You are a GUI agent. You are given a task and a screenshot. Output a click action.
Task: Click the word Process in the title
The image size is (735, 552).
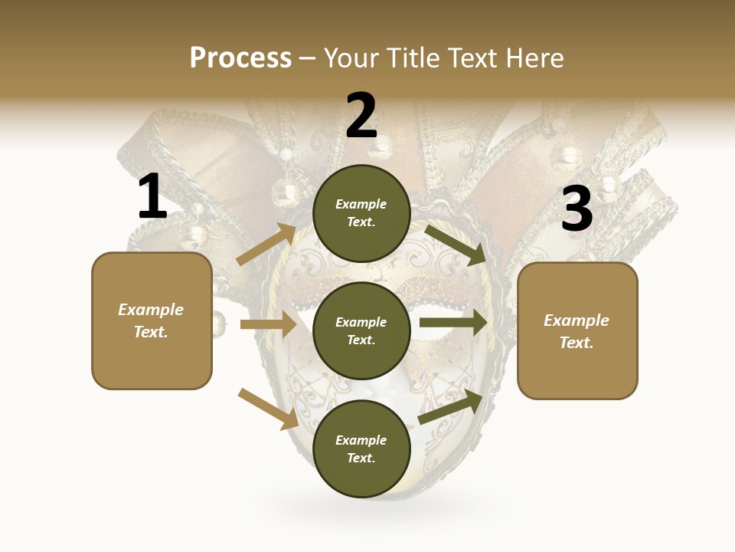[x=240, y=58]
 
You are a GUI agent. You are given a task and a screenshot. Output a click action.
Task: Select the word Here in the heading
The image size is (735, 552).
[x=535, y=58]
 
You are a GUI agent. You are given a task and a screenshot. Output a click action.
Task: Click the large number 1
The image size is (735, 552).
[x=152, y=197]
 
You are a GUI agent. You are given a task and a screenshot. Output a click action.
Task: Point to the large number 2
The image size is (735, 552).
[x=361, y=116]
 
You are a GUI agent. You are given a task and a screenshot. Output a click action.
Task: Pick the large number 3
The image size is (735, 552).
[x=577, y=209]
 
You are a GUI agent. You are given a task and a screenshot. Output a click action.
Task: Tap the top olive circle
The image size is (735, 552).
[x=361, y=212]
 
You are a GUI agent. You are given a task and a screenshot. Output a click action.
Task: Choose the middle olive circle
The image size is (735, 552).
[x=361, y=330]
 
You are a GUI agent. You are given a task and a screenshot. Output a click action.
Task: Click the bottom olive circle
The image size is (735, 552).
[x=361, y=449]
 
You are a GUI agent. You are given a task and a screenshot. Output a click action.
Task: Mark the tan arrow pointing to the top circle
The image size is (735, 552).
[x=266, y=245]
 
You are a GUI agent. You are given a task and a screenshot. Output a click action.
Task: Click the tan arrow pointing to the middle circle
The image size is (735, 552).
[x=268, y=324]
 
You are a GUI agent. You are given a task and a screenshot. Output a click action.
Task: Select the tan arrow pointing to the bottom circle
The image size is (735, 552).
[x=268, y=408]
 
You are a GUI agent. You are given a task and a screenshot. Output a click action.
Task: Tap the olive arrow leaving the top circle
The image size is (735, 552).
[x=455, y=243]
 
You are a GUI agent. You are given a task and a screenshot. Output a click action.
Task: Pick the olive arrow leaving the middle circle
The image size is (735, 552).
[x=452, y=322]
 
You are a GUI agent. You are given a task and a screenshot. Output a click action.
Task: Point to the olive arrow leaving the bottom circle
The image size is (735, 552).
[x=450, y=406]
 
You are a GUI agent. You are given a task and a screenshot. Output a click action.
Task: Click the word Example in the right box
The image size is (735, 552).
[x=577, y=320]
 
